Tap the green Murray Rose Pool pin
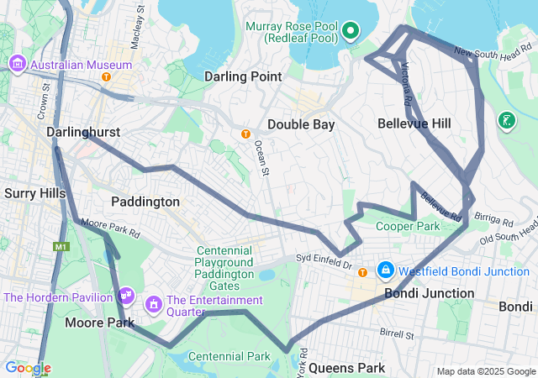click(x=350, y=32)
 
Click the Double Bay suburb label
click(x=301, y=124)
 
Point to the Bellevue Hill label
click(x=414, y=123)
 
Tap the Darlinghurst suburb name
click(x=83, y=133)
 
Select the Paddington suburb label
click(x=145, y=202)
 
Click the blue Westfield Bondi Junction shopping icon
click(x=386, y=270)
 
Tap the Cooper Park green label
click(x=408, y=226)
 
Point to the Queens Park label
click(x=346, y=368)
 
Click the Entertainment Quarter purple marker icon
click(x=155, y=302)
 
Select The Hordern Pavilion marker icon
click(x=126, y=296)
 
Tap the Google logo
click(x=28, y=368)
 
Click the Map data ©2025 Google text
click(x=485, y=371)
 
